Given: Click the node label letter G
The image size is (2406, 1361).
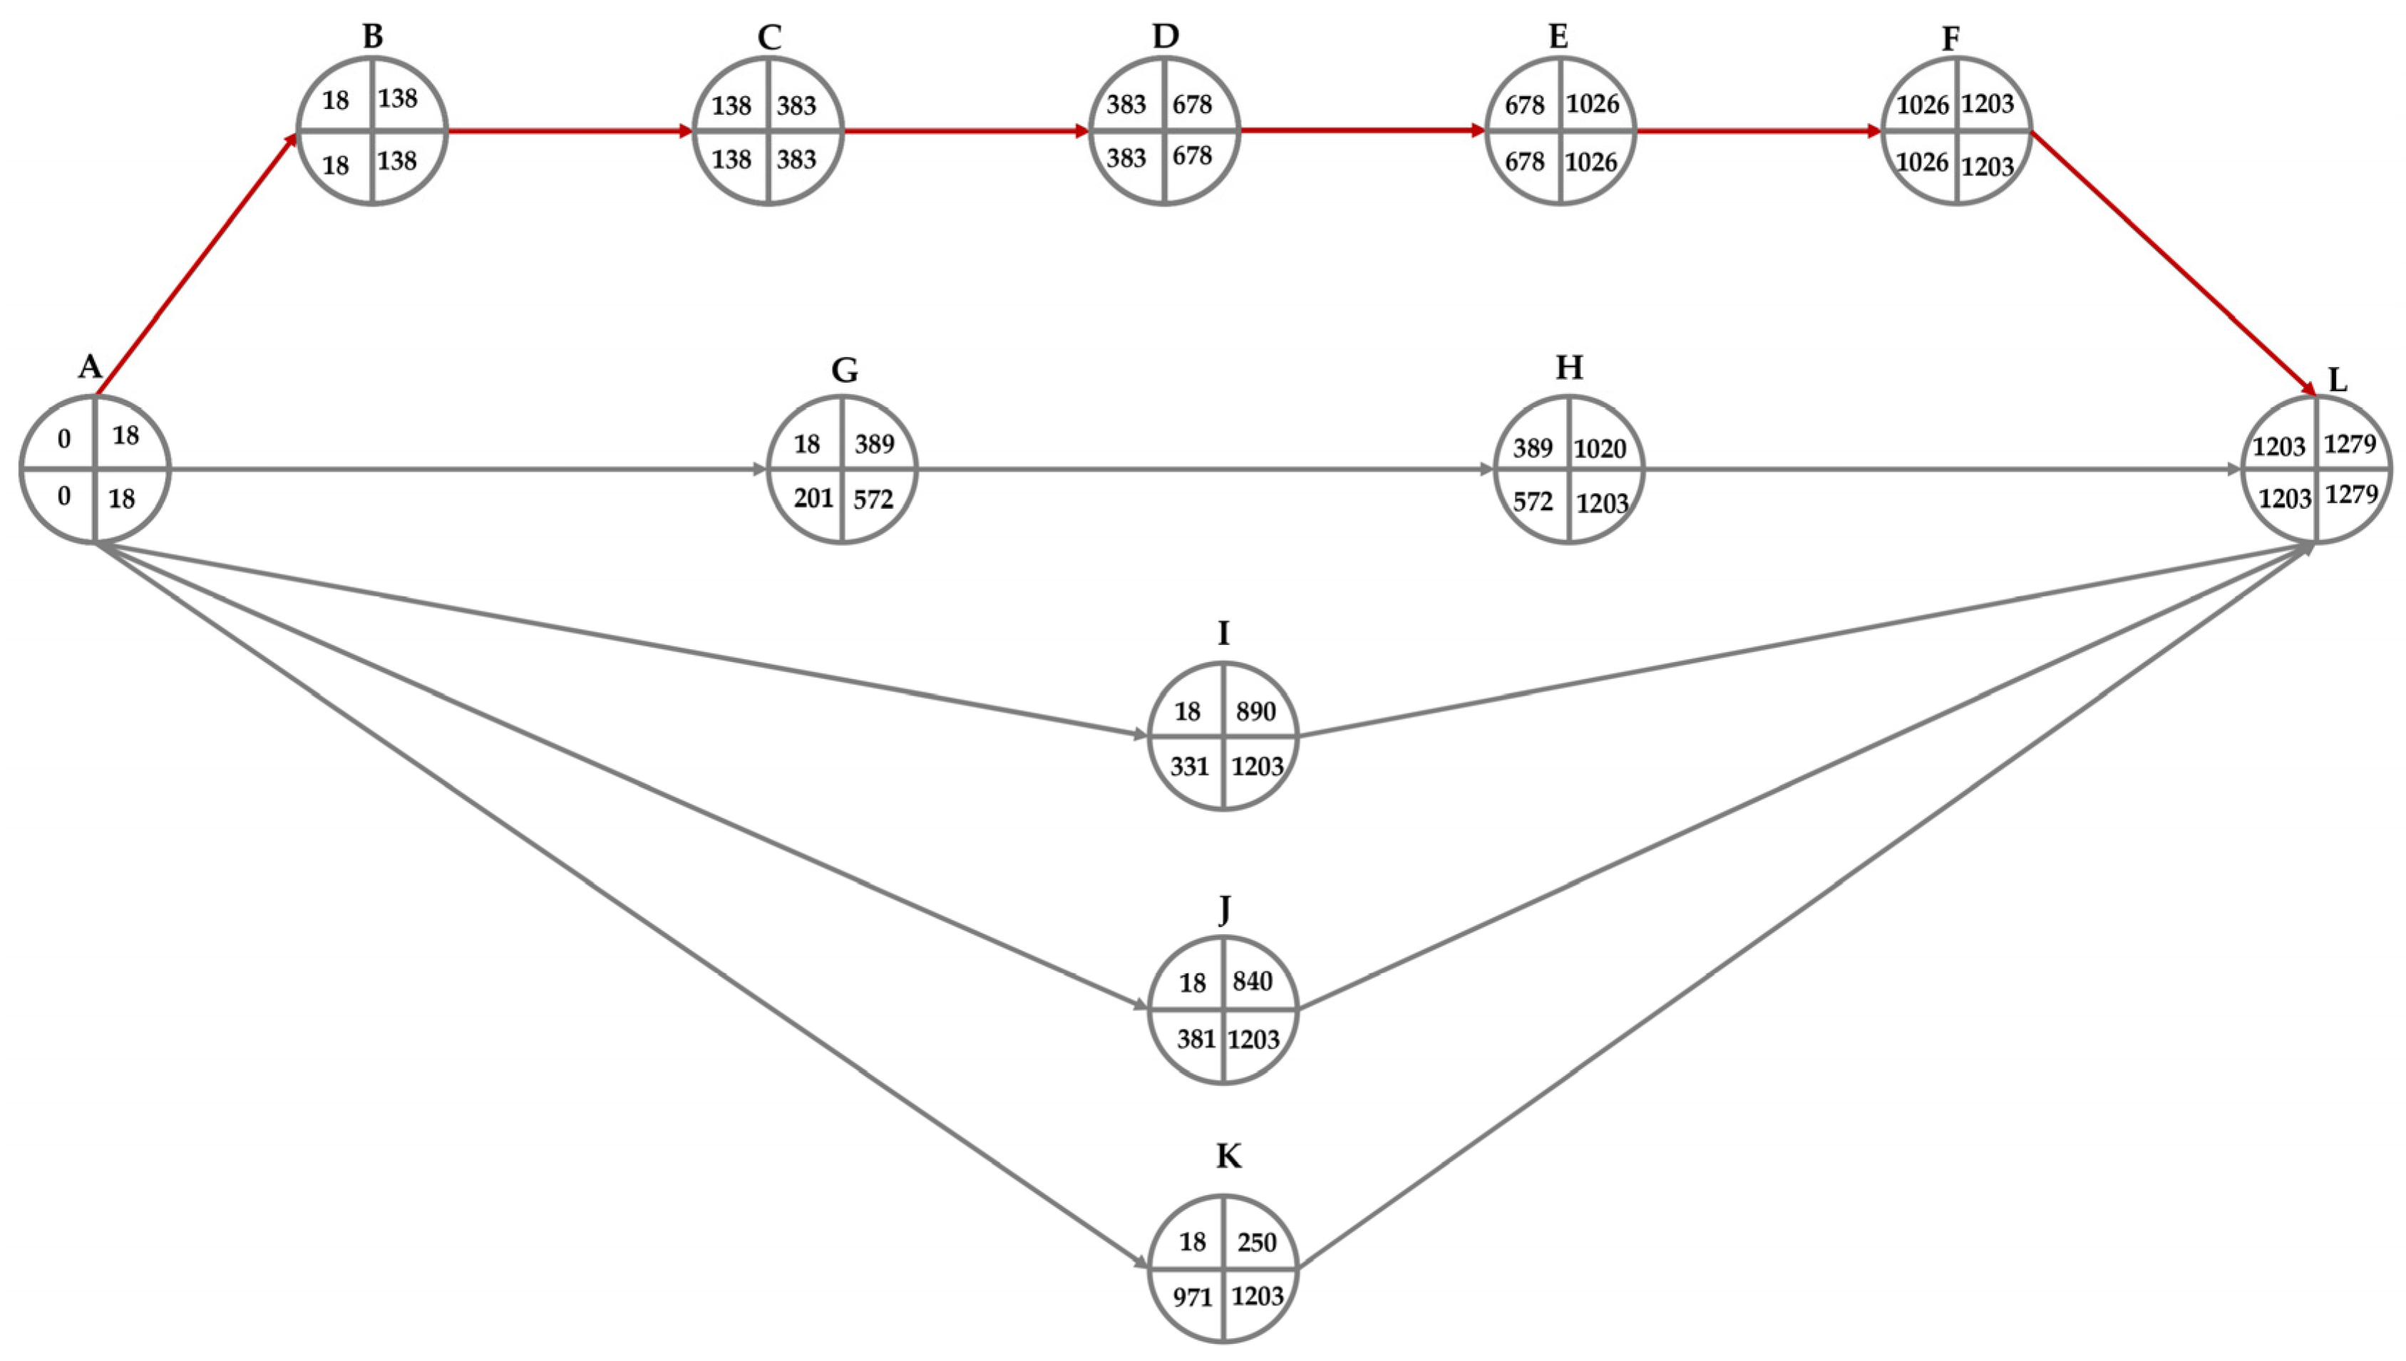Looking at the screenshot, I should [843, 371].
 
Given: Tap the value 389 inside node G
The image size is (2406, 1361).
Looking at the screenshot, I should [874, 443].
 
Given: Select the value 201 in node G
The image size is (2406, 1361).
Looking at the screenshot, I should [813, 497].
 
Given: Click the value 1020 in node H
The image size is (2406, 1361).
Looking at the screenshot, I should [1600, 449].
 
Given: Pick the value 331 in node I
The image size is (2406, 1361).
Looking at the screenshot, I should [1189, 767].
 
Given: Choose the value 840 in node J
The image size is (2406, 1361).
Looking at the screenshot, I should [1252, 980].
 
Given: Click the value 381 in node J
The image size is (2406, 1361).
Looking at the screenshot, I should [1195, 1038].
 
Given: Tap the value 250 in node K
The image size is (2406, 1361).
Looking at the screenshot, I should [1256, 1241].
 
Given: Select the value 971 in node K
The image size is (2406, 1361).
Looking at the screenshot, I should [1192, 1296].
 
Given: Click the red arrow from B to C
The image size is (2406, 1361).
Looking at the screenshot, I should [570, 131].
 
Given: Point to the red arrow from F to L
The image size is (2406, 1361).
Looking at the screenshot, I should [2174, 264].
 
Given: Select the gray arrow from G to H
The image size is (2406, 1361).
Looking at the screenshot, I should [1206, 470].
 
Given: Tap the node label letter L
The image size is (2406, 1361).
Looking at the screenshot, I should [2337, 380].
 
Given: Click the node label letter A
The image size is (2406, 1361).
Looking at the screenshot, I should [90, 366].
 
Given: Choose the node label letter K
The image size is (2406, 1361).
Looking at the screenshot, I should [1228, 1156].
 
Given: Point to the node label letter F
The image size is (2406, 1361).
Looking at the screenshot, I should [1950, 38].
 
